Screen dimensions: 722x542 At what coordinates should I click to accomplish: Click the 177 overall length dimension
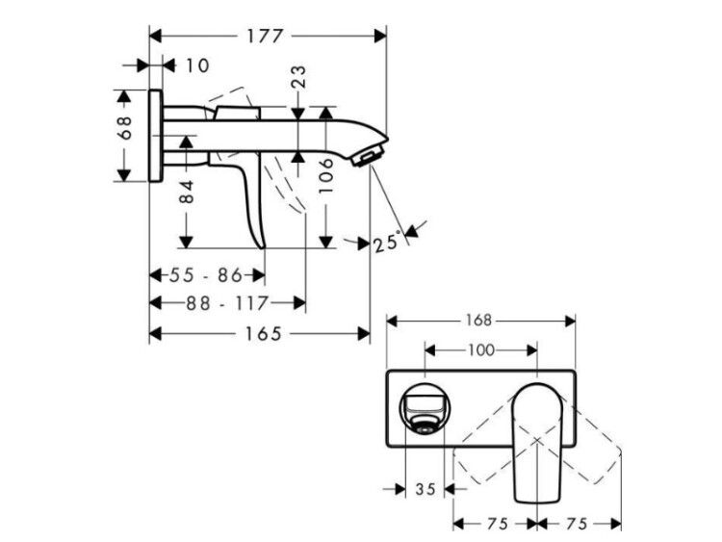(x=265, y=36)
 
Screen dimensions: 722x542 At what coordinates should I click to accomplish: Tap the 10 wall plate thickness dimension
(x=197, y=65)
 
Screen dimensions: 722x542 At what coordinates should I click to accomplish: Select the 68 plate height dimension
(x=124, y=127)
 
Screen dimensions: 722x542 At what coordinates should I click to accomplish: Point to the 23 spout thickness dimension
(x=298, y=77)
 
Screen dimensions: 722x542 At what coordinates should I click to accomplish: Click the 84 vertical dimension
(x=187, y=192)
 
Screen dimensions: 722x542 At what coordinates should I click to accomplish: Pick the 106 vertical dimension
(x=326, y=176)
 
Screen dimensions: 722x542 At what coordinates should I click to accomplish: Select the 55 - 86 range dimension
(x=205, y=275)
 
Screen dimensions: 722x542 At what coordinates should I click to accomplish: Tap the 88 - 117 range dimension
(x=226, y=303)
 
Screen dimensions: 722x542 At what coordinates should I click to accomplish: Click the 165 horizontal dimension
(x=263, y=334)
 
